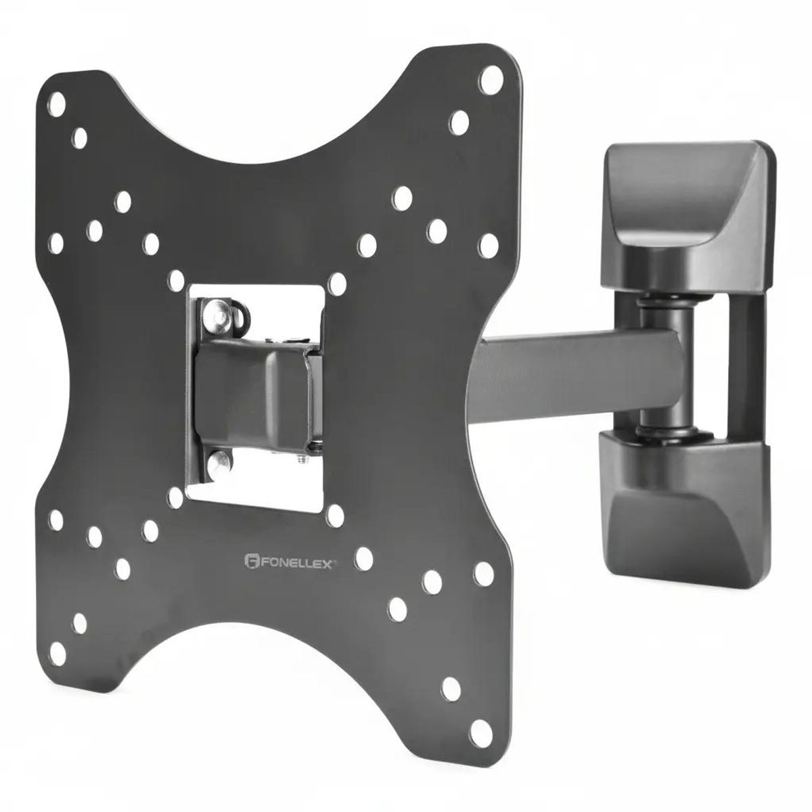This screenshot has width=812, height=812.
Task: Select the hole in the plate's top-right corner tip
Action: point(491,80)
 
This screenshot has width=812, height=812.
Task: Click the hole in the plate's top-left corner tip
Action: point(57,104)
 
